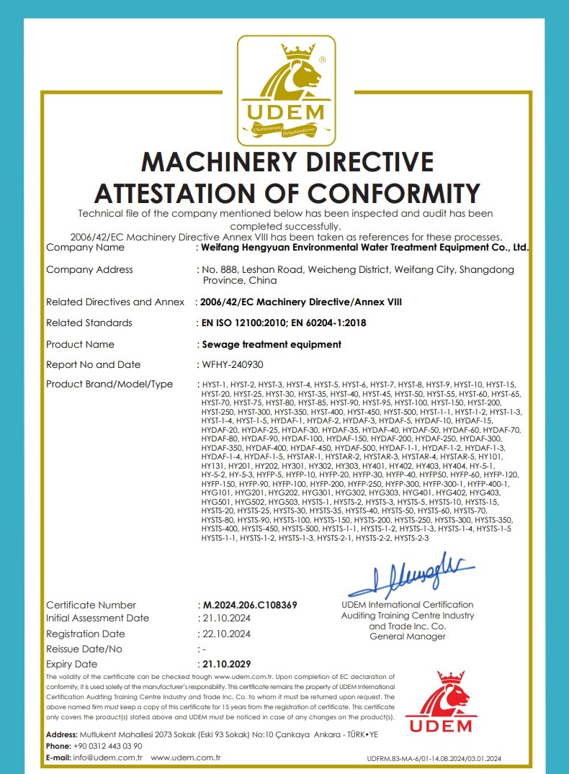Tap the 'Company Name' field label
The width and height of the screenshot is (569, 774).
[85, 247]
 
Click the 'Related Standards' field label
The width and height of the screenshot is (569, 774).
[89, 323]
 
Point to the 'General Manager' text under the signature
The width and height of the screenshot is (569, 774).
[407, 636]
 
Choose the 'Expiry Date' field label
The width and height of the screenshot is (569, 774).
[71, 664]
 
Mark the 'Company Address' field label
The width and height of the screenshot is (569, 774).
[89, 269]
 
